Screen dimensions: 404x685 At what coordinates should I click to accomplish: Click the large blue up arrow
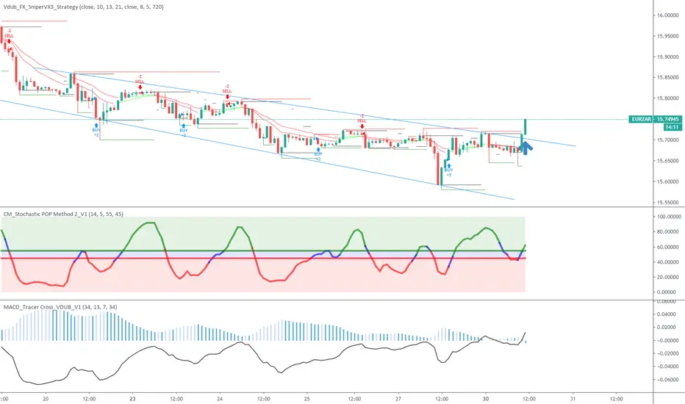(526, 149)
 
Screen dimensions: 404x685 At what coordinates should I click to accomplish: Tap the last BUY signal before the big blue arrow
(448, 170)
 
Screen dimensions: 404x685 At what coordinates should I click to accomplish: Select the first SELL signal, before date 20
(9, 35)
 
